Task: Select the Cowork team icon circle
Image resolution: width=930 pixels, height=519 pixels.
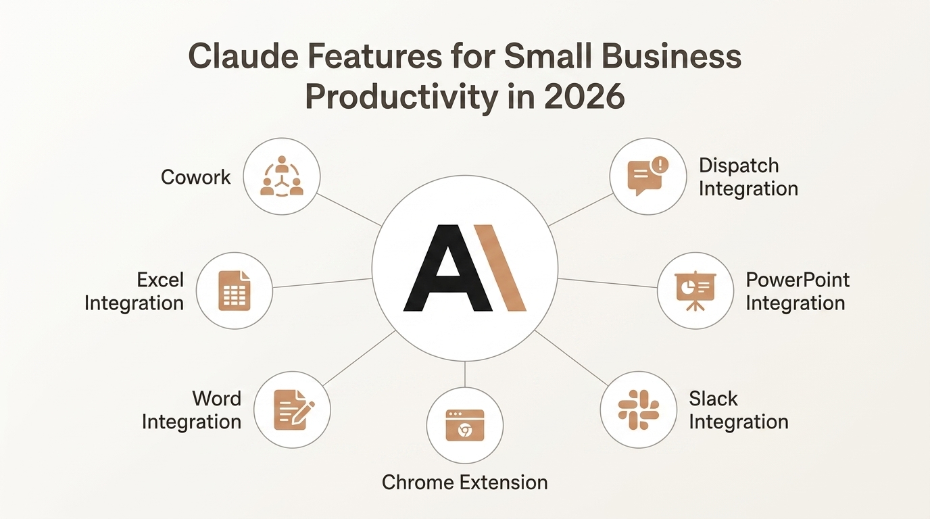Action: [282, 177]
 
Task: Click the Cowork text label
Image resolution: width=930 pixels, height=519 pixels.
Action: [196, 177]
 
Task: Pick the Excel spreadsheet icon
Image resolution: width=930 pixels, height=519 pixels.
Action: [235, 291]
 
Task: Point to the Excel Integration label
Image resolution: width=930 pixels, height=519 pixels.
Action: [134, 291]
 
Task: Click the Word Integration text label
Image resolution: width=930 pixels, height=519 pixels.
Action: [192, 410]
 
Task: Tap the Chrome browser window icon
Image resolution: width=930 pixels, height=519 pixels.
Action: [465, 425]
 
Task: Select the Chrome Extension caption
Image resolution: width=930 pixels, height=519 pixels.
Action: [465, 482]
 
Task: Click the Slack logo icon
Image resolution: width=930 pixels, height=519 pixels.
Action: [639, 410]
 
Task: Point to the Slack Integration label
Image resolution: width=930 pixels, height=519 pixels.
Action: [738, 410]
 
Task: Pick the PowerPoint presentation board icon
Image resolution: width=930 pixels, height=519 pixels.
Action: [695, 291]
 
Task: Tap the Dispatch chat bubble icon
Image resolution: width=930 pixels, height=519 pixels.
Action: [647, 176]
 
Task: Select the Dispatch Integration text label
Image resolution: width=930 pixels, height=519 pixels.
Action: [748, 176]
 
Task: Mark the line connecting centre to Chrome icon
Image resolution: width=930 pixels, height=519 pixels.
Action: [465, 374]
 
